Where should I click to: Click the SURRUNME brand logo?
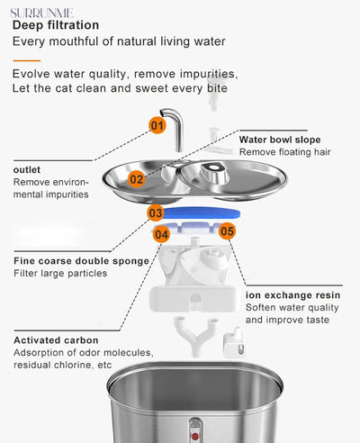[x=41, y=14]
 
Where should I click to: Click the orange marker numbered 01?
[x=157, y=125]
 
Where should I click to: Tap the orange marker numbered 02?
[x=137, y=179]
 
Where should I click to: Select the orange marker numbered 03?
[x=156, y=212]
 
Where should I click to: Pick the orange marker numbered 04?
[x=161, y=234]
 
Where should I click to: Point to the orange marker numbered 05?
[x=227, y=231]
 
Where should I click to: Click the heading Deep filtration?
[x=56, y=25]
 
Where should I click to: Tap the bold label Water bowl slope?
[x=280, y=140]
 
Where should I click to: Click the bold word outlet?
[x=27, y=169]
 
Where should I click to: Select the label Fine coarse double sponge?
[x=81, y=261]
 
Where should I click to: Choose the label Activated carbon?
[x=56, y=340]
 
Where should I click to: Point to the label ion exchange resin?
[x=292, y=295]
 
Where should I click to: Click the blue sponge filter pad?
[x=202, y=212]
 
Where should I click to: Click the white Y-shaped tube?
[x=196, y=336]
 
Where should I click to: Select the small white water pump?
[x=234, y=343]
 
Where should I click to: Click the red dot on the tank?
[x=195, y=436]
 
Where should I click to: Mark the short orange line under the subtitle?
[x=27, y=60]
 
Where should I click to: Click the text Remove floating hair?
[x=284, y=152]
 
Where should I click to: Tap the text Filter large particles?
[x=60, y=274]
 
